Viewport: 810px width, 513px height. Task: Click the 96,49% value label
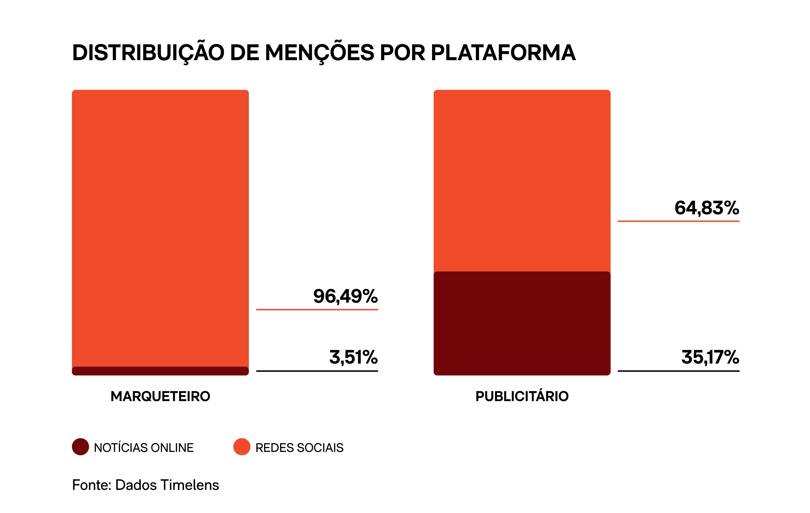pyautogui.click(x=346, y=296)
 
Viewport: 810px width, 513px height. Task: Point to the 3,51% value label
pyautogui.click(x=353, y=357)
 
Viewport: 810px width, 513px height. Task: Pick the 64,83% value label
pyautogui.click(x=707, y=208)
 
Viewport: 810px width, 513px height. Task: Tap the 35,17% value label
pyautogui.click(x=710, y=357)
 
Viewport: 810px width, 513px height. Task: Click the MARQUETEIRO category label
pyautogui.click(x=160, y=396)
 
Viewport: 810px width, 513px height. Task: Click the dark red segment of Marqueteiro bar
pyautogui.click(x=160, y=371)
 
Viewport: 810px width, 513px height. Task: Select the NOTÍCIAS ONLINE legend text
pyautogui.click(x=144, y=448)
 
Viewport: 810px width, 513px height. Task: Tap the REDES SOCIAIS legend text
pyautogui.click(x=299, y=448)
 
